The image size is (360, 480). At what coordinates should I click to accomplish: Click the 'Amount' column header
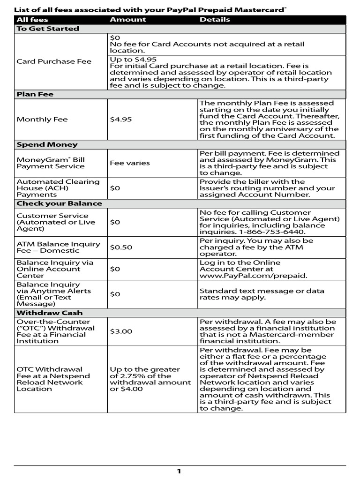click(x=127, y=20)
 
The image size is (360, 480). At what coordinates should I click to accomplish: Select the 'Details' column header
click(x=215, y=20)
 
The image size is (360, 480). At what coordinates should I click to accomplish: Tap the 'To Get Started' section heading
click(x=48, y=29)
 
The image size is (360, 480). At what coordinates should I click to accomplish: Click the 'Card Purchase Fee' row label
click(x=54, y=61)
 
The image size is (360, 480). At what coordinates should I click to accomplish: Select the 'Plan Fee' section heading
click(x=35, y=94)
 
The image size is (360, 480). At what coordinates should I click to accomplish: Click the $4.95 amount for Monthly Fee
click(x=121, y=120)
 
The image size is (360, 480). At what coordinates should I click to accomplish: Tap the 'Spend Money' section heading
click(x=47, y=145)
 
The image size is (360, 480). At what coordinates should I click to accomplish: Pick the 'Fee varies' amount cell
click(x=130, y=163)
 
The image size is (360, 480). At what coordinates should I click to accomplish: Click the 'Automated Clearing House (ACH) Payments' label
click(x=58, y=188)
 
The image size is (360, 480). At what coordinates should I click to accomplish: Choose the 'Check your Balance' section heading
click(x=59, y=203)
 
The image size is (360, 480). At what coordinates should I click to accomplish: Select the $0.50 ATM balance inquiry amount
click(x=121, y=247)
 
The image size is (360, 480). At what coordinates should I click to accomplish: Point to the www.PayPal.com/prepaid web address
click(x=253, y=276)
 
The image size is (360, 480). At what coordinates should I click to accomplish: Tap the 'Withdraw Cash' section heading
click(x=49, y=313)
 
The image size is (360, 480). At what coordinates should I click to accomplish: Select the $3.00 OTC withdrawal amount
click(x=121, y=331)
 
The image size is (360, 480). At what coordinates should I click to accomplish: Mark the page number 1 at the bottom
click(x=179, y=471)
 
